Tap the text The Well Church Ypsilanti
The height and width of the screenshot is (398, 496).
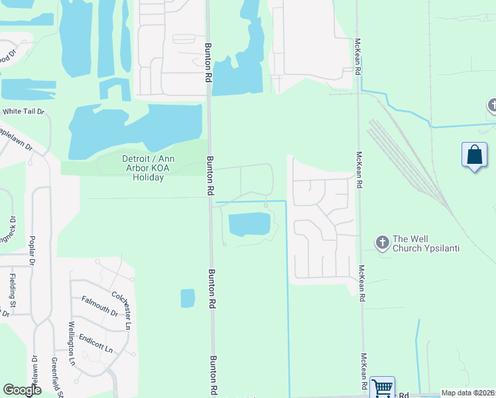point(426,243)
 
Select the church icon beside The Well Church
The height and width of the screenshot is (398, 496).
point(382,243)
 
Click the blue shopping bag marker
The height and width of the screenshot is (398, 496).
point(474,157)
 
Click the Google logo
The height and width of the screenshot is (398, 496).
point(23,390)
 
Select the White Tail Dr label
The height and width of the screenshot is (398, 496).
point(23,112)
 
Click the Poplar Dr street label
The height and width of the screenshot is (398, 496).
point(31,249)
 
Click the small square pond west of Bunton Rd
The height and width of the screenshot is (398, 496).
point(188,298)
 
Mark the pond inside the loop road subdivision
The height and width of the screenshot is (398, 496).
point(249,224)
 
